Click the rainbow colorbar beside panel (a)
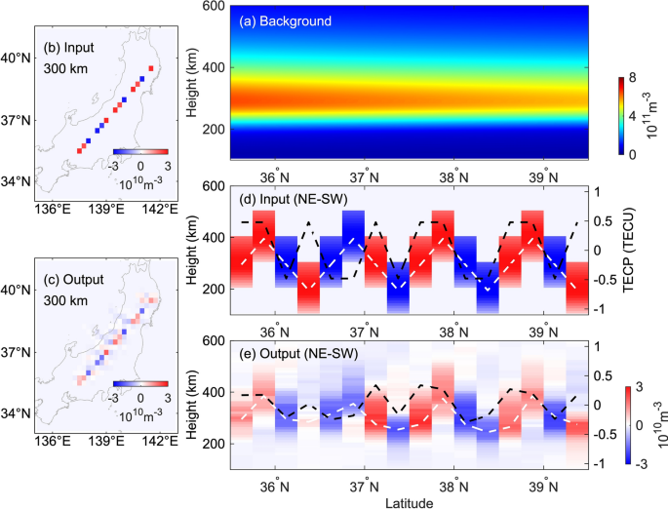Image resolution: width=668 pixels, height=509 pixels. pyautogui.click(x=622, y=117)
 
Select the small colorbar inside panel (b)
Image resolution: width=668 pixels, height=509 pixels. pyautogui.click(x=140, y=152)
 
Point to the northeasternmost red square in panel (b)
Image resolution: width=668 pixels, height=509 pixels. pyautogui.click(x=151, y=69)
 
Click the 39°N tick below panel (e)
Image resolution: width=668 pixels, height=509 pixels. pyautogui.click(x=544, y=482)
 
